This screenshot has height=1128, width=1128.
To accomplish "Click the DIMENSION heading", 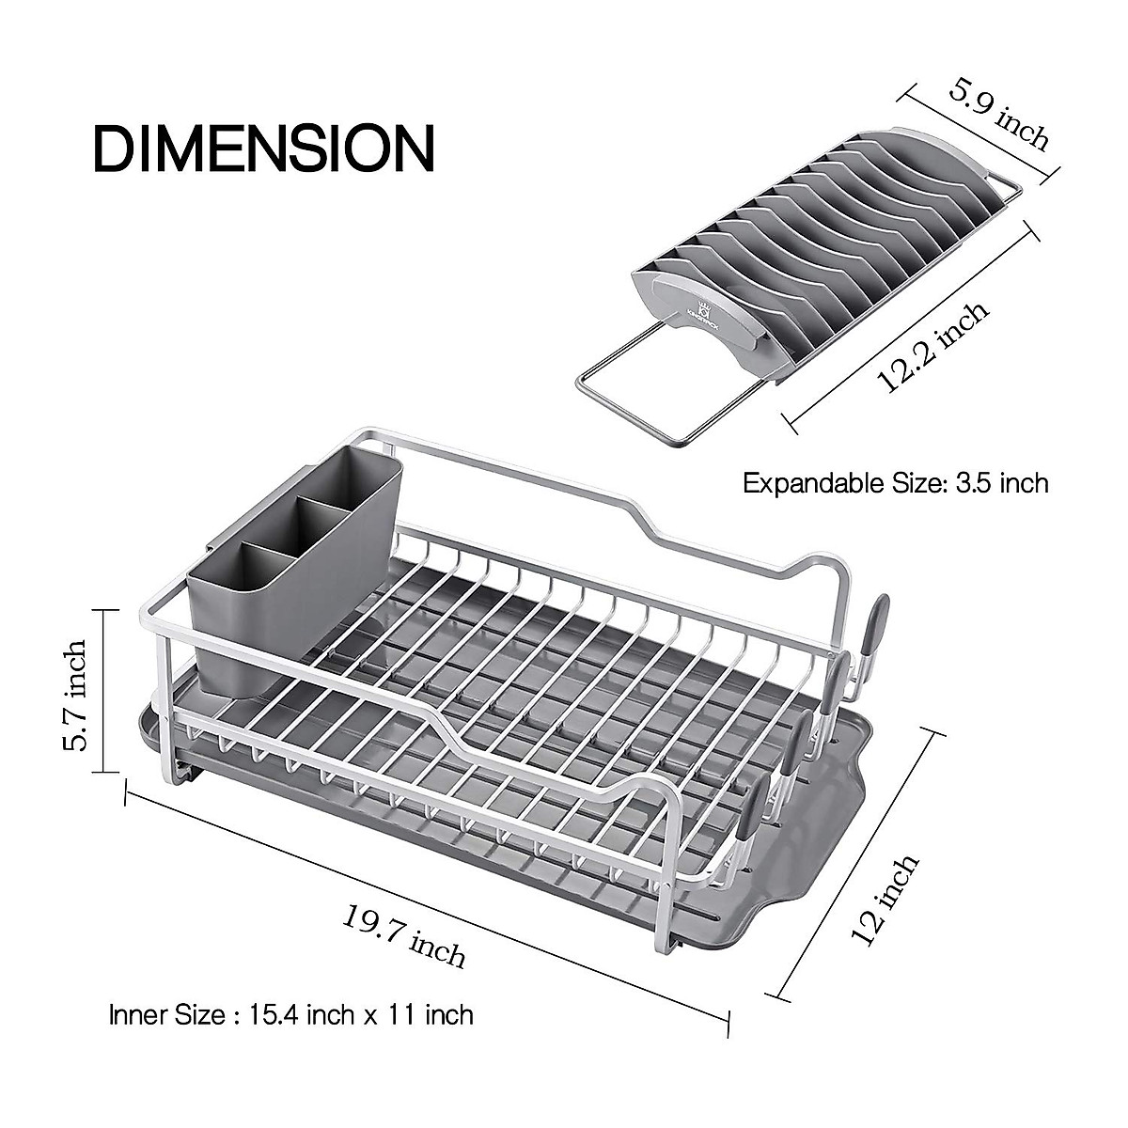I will point(264,148).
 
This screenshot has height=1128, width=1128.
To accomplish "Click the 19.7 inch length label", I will point(404,935).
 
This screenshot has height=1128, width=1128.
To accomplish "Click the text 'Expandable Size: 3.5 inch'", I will point(895,483).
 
